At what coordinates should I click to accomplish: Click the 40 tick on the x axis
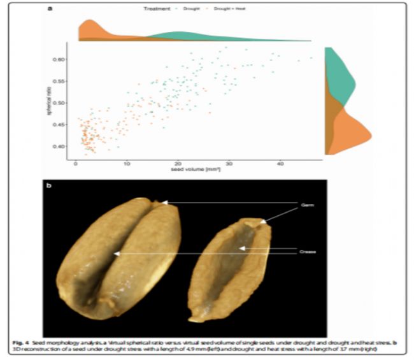[280, 163]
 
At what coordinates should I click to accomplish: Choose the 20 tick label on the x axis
[178, 163]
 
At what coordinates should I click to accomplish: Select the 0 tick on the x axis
[76, 163]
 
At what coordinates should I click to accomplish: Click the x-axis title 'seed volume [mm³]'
[192, 170]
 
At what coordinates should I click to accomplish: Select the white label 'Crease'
[308, 253]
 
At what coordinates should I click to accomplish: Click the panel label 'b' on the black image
[48, 187]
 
